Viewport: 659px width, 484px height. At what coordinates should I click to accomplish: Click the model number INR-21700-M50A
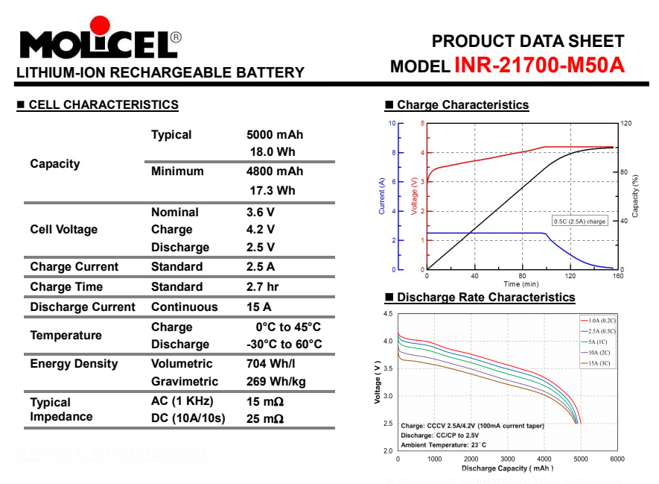pyautogui.click(x=539, y=66)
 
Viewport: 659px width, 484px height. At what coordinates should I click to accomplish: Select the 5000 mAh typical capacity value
pyautogui.click(x=275, y=135)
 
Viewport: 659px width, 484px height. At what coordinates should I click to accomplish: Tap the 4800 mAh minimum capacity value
pyautogui.click(x=275, y=172)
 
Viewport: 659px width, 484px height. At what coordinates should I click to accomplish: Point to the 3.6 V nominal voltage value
pyautogui.click(x=261, y=213)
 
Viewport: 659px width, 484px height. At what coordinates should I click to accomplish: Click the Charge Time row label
pyautogui.click(x=66, y=287)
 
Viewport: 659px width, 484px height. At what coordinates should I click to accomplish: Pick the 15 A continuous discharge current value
pyautogui.click(x=258, y=307)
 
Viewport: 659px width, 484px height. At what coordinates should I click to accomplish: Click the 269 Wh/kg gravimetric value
pyautogui.click(x=276, y=382)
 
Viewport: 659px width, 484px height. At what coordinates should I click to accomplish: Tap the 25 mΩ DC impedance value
pyautogui.click(x=264, y=418)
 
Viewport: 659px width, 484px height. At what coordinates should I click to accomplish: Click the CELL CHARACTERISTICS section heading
pyautogui.click(x=104, y=105)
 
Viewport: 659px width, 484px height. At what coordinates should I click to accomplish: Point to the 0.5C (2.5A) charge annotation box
pyautogui.click(x=579, y=221)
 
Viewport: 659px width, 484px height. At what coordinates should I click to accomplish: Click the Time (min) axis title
pyautogui.click(x=521, y=283)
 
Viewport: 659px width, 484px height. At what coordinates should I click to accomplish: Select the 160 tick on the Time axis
pyautogui.click(x=617, y=276)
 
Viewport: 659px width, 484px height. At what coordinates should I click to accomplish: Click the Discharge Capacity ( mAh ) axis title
pyautogui.click(x=507, y=468)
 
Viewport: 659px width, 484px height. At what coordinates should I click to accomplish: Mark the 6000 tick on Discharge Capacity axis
pyautogui.click(x=617, y=459)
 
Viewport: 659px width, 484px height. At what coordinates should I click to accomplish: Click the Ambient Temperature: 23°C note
pyautogui.click(x=443, y=444)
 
